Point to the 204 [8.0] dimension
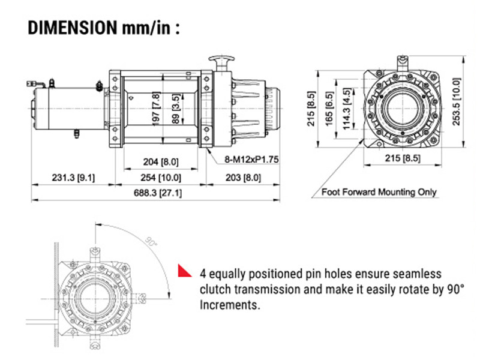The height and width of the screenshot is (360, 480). [158, 161]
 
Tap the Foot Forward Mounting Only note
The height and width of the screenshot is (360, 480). [379, 193]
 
